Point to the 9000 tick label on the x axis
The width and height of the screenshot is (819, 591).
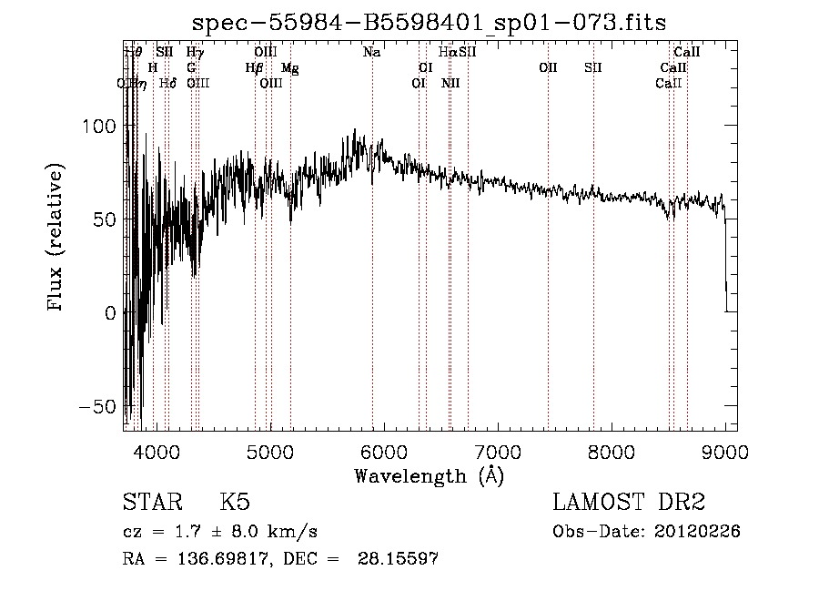point(725,451)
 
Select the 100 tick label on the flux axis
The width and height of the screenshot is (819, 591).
point(96,127)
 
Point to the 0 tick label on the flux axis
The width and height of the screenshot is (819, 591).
point(110,313)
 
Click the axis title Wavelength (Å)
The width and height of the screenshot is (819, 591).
point(429,475)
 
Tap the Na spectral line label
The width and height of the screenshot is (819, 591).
point(371,53)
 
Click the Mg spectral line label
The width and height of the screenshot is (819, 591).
point(289,67)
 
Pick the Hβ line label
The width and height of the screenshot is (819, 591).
point(254,67)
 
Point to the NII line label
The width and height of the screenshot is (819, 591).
point(450,83)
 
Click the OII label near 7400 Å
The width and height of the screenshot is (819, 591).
point(548,67)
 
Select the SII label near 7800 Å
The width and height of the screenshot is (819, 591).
point(593,67)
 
